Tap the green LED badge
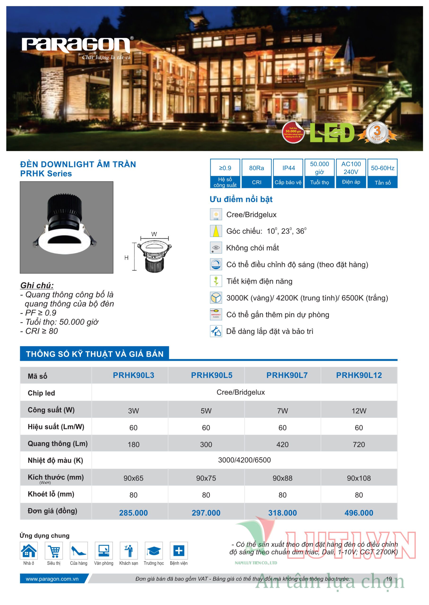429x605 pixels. point(332,133)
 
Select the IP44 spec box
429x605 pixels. point(288,173)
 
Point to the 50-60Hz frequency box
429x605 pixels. point(382,173)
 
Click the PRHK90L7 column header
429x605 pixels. point(287,375)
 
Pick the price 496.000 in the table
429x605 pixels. point(359,513)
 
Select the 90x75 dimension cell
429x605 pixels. point(206,478)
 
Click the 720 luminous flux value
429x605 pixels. point(359,445)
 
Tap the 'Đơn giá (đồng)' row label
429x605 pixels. point(52,511)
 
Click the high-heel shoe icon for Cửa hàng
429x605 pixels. point(79,551)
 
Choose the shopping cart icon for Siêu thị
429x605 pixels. point(54,551)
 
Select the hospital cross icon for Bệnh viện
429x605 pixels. point(179,551)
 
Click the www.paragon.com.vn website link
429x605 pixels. point(52,579)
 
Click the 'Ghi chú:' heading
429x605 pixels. point(37,285)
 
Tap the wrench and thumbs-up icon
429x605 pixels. point(216,331)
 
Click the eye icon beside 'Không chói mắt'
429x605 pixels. point(216,248)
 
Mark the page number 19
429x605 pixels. point(389,579)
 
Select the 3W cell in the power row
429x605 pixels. point(133,411)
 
